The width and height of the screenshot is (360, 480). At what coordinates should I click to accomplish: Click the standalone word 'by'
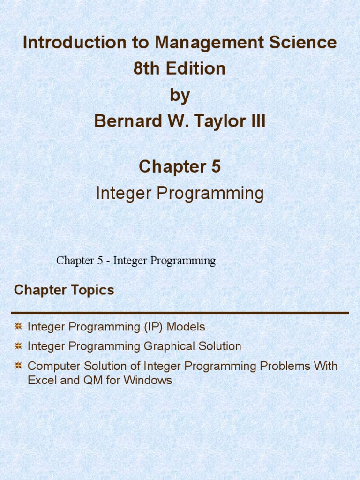[x=180, y=96]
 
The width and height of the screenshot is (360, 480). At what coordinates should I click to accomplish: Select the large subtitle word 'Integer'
[x=123, y=193]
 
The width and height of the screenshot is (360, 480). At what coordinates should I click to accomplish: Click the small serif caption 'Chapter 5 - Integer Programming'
[x=136, y=261]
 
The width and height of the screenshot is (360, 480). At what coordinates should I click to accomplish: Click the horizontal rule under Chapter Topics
[x=180, y=313]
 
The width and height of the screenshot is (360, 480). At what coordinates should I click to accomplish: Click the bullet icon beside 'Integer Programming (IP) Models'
[x=18, y=326]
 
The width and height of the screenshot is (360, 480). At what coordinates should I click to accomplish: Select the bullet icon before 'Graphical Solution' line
[x=18, y=346]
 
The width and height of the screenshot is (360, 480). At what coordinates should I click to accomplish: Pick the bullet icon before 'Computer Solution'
[x=18, y=365]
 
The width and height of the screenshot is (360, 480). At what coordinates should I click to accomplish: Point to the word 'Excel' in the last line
[x=41, y=380]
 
